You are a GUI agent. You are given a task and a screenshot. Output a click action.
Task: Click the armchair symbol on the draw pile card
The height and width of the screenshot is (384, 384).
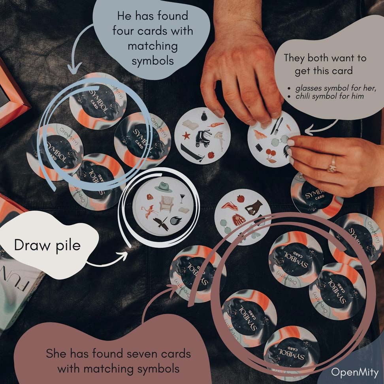point(166,204)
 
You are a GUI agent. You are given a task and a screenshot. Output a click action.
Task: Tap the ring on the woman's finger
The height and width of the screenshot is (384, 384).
point(332,164)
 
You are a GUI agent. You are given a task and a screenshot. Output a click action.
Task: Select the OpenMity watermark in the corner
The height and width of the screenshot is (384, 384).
point(354,372)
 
